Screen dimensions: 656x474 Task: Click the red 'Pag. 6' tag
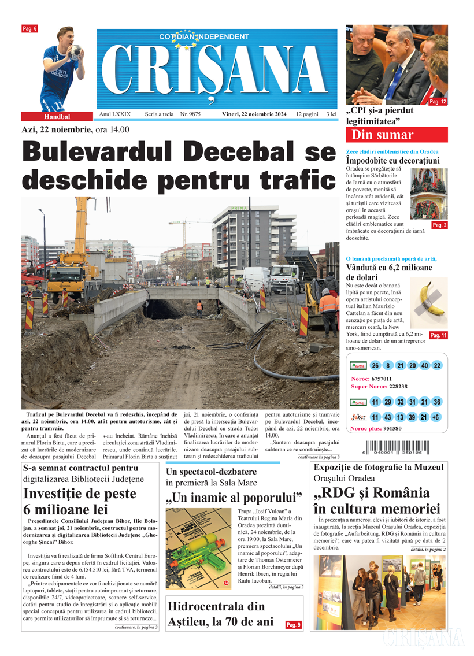(29, 28)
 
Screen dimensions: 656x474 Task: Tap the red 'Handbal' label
(57, 116)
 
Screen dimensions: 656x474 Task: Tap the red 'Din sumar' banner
(396, 135)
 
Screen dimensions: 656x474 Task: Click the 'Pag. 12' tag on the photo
(438, 102)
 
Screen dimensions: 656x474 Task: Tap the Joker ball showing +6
(436, 417)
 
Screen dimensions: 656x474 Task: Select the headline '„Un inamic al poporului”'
(234, 498)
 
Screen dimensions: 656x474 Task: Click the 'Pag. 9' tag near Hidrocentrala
(294, 625)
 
